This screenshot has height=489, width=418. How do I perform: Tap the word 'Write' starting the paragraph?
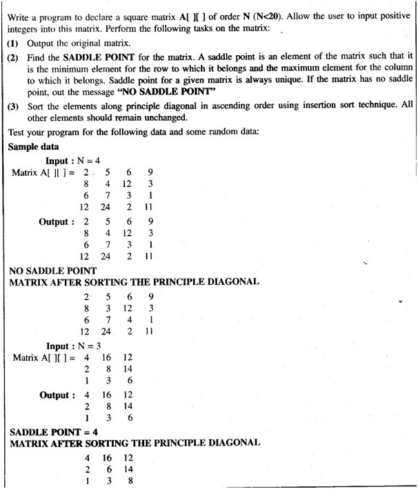tap(20, 17)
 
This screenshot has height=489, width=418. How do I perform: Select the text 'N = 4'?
tap(89, 161)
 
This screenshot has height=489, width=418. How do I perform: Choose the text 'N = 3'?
tap(89, 346)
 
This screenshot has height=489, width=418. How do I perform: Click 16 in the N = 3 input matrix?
tap(108, 358)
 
